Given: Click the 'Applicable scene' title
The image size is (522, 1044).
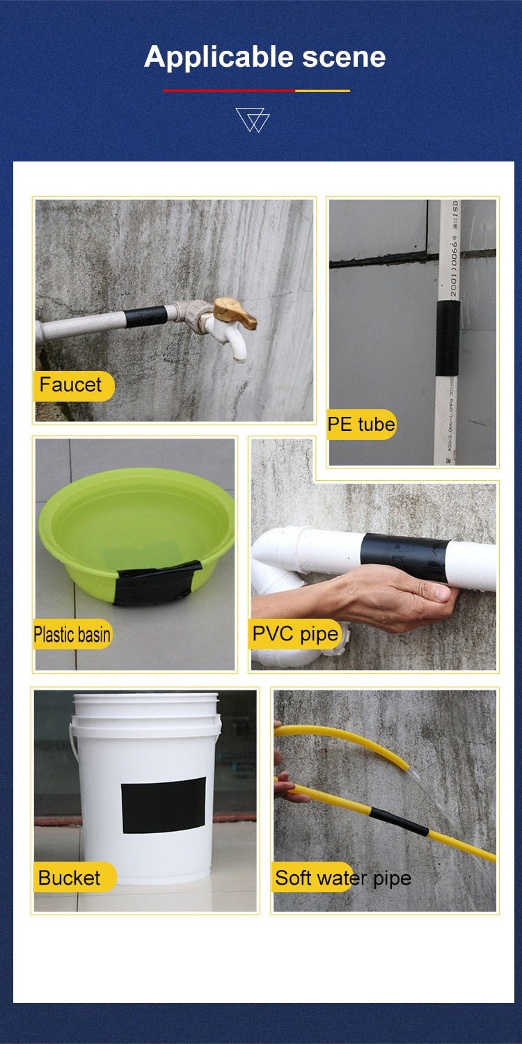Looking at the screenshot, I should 264,56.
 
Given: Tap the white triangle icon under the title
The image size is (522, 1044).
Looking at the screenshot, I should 252,120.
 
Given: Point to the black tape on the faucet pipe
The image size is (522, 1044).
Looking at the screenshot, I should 145,317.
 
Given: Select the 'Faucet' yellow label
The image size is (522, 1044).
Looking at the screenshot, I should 72,385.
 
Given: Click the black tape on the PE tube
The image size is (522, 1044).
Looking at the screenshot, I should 448,338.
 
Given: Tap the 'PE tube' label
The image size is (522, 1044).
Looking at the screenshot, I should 361,424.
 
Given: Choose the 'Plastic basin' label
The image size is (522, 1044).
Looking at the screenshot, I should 72,634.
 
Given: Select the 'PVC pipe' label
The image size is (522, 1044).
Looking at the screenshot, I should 295,634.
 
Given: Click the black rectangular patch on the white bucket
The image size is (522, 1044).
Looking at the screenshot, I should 164,805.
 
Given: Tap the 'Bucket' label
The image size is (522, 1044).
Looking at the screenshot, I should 70,878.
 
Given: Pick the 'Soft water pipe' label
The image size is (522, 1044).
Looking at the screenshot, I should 342,878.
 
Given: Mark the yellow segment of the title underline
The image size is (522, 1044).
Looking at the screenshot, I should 322,90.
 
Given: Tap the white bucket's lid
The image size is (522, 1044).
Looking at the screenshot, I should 145,698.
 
